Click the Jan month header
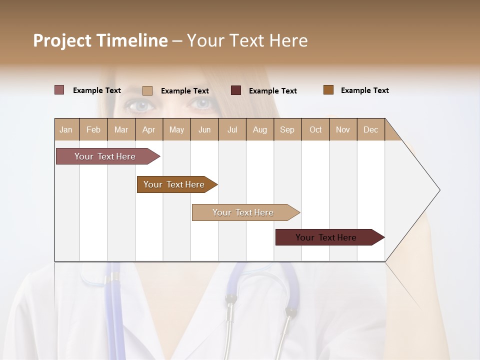click(x=66, y=129)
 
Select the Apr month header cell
click(x=149, y=129)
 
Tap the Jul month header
click(x=232, y=129)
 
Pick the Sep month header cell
click(x=287, y=129)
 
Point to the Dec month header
click(x=370, y=129)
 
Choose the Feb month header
click(x=93, y=129)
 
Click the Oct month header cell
click(x=315, y=129)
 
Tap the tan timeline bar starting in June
click(x=243, y=212)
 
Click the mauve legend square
click(x=59, y=90)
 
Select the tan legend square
click(x=147, y=90)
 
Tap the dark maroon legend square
click(x=236, y=90)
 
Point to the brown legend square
click(x=328, y=90)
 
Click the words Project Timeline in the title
click(x=100, y=40)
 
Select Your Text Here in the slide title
click(x=247, y=40)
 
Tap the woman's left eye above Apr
click(x=141, y=105)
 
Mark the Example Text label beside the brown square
click(x=364, y=90)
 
